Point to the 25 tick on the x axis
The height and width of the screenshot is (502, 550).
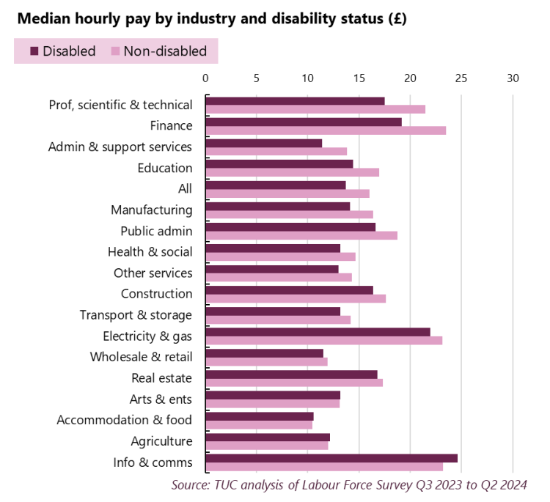[461, 78]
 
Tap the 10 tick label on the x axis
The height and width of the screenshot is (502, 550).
[307, 78]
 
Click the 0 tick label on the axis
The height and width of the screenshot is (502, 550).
[205, 78]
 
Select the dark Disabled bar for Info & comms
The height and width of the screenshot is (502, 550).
[331, 458]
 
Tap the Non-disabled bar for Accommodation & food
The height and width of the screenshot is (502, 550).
[259, 425]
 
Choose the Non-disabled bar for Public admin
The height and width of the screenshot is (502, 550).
[301, 235]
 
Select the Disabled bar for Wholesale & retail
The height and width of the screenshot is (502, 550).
[265, 353]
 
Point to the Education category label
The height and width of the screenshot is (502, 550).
[165, 168]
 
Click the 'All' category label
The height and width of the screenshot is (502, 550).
[185, 189]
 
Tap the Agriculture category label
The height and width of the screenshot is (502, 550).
[161, 441]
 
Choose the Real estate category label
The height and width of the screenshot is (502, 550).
[161, 378]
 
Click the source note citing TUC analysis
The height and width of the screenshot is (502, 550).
[349, 484]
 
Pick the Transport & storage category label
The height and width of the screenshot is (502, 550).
[136, 315]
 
